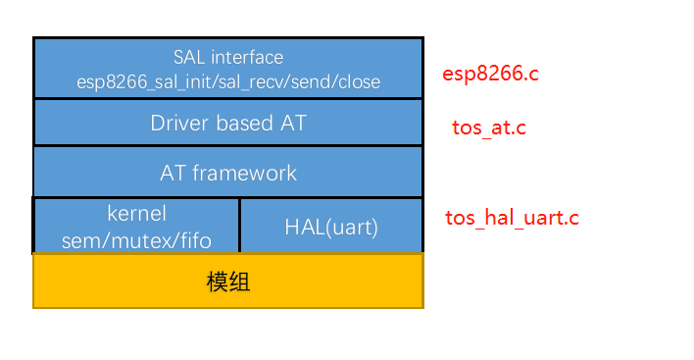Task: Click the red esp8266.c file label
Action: pyautogui.click(x=491, y=75)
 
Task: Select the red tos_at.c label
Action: pyautogui.click(x=489, y=128)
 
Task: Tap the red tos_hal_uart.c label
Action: pyautogui.click(x=512, y=218)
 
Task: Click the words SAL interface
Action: pyautogui.click(x=228, y=58)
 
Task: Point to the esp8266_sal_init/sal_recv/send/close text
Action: pyautogui.click(x=228, y=80)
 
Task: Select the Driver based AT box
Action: pyautogui.click(x=228, y=123)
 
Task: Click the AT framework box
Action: pyautogui.click(x=228, y=173)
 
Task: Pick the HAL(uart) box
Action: pyautogui.click(x=331, y=227)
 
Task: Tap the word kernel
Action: pyautogui.click(x=136, y=213)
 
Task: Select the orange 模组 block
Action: pyautogui.click(x=228, y=282)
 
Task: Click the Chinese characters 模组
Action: pyautogui.click(x=228, y=282)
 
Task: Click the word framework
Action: pyautogui.click(x=243, y=174)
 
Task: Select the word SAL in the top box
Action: pyautogui.click(x=188, y=58)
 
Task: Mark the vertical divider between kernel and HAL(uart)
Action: pyautogui.click(x=239, y=226)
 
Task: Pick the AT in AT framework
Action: pyautogui.click(x=173, y=174)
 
